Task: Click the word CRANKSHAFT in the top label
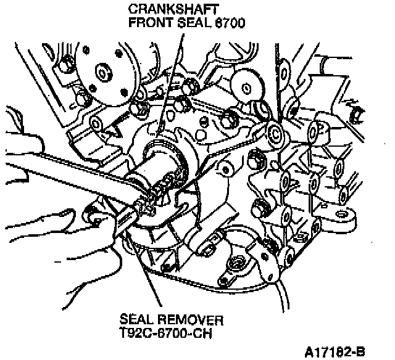coord(173,9)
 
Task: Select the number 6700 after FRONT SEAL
coord(230,23)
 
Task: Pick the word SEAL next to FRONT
coord(194,23)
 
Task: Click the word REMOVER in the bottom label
coord(191,320)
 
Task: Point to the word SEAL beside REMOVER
coord(136,319)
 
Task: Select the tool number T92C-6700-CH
coord(165,333)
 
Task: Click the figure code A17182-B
coord(335,352)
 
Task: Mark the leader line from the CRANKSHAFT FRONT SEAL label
coord(170,85)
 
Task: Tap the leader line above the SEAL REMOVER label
coord(143,269)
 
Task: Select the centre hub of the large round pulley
coord(102,73)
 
